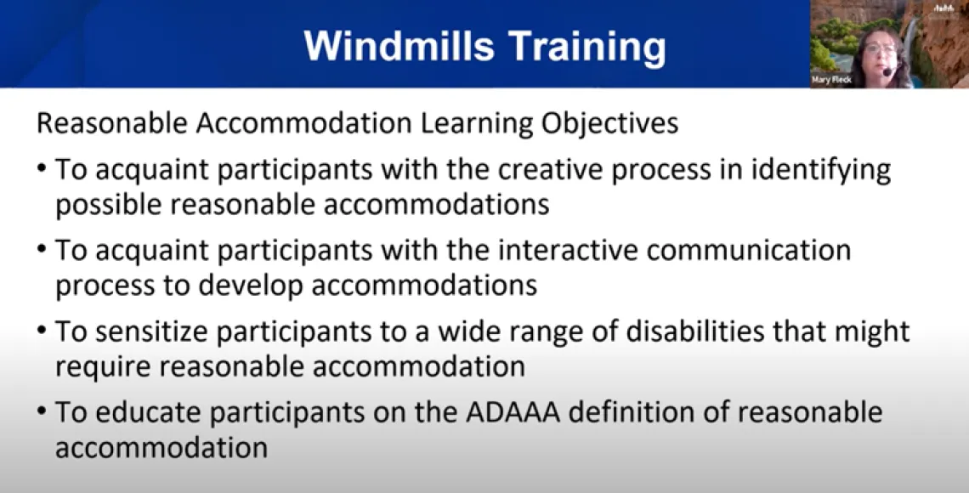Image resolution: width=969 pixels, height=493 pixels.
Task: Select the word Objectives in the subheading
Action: [x=609, y=124]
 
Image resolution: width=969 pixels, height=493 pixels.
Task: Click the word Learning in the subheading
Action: [x=479, y=124]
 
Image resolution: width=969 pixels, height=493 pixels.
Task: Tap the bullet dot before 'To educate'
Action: [x=42, y=412]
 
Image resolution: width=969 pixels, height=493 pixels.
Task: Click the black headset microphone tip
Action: [x=887, y=73]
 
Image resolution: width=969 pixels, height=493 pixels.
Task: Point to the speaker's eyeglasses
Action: [x=881, y=49]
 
